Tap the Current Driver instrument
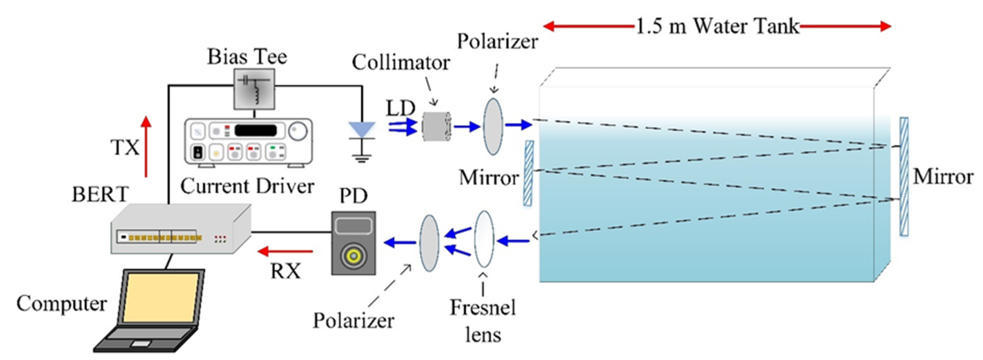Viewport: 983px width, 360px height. [x=248, y=142]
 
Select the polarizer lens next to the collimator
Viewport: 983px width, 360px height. [x=493, y=126]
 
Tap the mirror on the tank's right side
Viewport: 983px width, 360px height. [x=904, y=176]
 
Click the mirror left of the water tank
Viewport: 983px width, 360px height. [x=528, y=173]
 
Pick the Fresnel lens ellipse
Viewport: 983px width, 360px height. [x=484, y=239]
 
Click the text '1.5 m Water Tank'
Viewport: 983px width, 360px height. [x=717, y=26]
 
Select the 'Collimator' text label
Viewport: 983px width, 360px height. [x=401, y=62]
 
